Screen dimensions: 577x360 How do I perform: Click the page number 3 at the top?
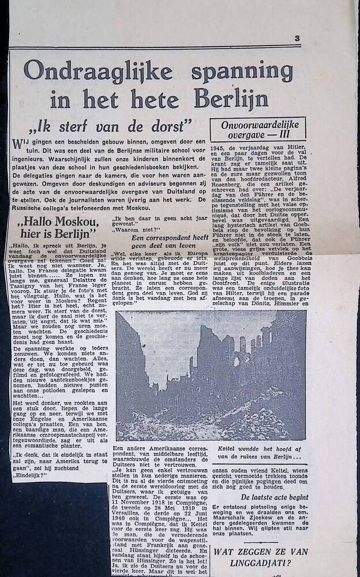tap(297, 39)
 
